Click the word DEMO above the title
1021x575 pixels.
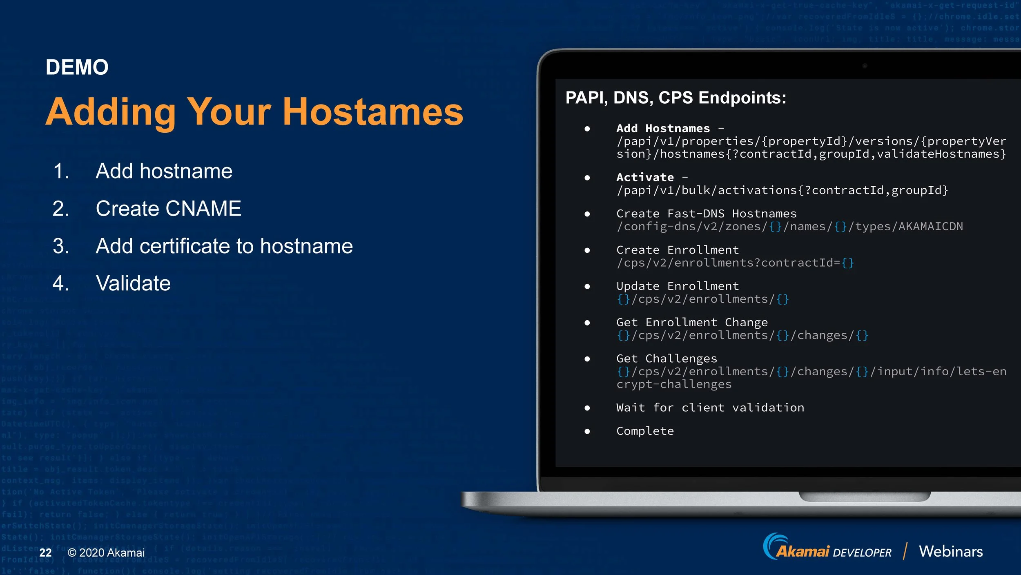(x=77, y=67)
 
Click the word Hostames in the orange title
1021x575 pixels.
(x=372, y=112)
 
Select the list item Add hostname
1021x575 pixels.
(x=164, y=171)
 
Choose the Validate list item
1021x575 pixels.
(x=133, y=283)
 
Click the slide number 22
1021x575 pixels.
(x=45, y=553)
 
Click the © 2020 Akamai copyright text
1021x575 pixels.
(x=106, y=553)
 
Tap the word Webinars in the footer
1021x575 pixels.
(x=950, y=551)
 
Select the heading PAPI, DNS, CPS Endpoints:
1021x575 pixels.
(x=675, y=98)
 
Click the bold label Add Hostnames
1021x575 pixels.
(x=663, y=129)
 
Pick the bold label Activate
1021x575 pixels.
(x=645, y=178)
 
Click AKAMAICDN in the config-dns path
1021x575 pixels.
(x=930, y=227)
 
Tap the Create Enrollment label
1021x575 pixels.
(x=678, y=250)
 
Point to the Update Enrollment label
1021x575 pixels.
(x=678, y=286)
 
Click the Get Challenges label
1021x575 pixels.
(x=667, y=359)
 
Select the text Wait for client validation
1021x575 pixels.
(x=710, y=408)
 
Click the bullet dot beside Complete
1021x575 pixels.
(x=587, y=431)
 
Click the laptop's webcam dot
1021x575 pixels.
(x=865, y=66)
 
